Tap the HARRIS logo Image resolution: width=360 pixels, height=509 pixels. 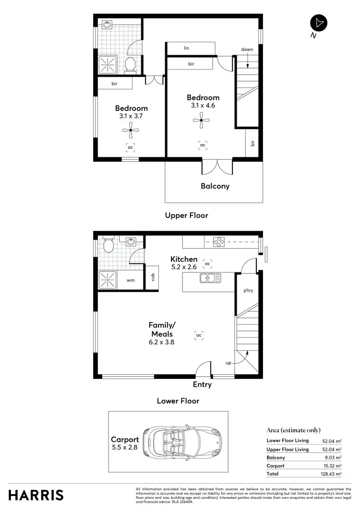(x=36, y=495)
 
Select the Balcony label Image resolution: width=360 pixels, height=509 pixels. (x=215, y=186)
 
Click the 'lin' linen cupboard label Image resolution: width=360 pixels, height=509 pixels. (x=186, y=48)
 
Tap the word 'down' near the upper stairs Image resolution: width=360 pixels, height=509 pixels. (x=247, y=49)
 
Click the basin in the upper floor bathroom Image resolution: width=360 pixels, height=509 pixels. (x=107, y=25)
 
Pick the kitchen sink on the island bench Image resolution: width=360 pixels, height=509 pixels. (x=211, y=277)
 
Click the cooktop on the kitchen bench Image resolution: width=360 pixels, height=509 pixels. (x=219, y=242)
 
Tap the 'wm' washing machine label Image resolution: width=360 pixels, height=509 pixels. (x=130, y=280)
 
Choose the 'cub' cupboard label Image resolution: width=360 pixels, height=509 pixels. (x=153, y=277)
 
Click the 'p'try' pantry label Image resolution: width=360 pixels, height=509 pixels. (x=248, y=291)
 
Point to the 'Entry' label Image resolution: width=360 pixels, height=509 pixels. (x=202, y=384)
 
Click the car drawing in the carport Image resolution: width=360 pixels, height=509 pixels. (x=182, y=441)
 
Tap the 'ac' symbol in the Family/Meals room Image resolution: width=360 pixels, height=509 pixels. (x=199, y=335)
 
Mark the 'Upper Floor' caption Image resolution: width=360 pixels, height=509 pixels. (x=187, y=215)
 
